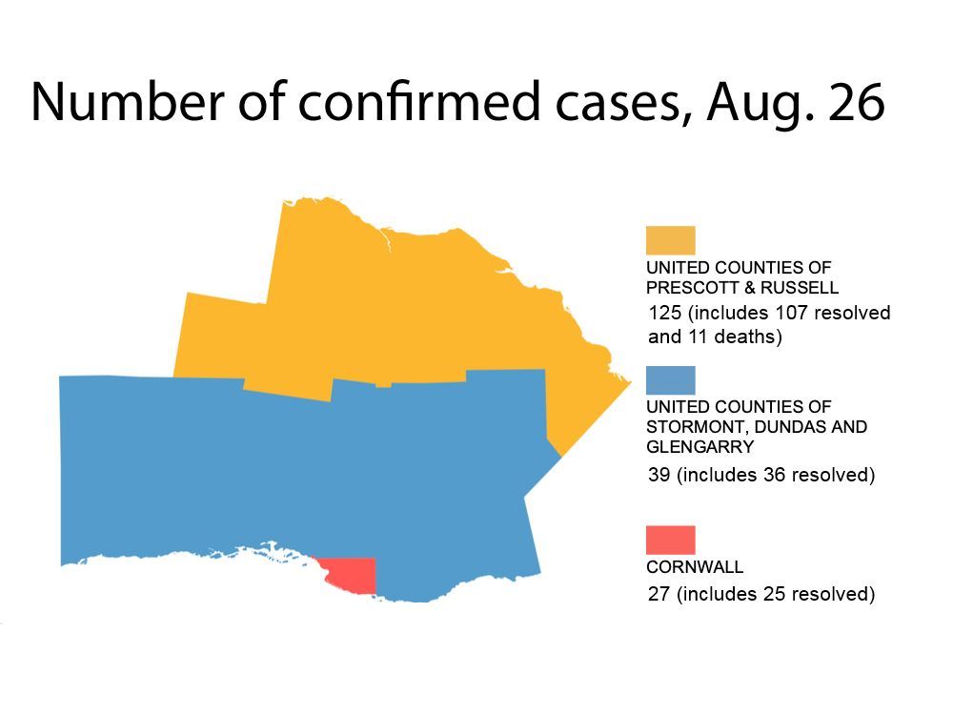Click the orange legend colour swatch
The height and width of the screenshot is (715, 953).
(x=671, y=240)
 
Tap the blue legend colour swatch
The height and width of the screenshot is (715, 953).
(x=671, y=380)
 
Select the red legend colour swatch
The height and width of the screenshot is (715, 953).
(x=671, y=540)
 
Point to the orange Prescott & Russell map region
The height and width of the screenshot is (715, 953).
(x=400, y=296)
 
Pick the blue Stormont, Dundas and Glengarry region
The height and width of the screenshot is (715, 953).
(x=286, y=477)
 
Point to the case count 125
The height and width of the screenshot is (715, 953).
(x=664, y=314)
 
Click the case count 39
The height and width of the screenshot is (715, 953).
(x=659, y=475)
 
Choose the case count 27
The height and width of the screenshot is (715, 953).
(x=659, y=595)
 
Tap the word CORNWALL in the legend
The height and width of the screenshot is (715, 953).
(x=695, y=567)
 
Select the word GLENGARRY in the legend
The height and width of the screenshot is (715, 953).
(x=700, y=447)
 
